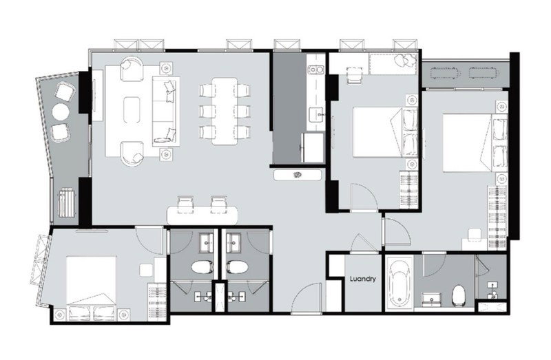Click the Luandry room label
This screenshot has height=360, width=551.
tap(363, 279)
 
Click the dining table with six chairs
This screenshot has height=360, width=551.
tap(225, 112)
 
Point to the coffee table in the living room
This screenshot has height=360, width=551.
tap(132, 110)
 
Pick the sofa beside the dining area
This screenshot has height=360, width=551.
tap(166, 112)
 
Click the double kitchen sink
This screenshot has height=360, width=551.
tap(315, 70)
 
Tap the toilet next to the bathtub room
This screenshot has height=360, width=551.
tap(459, 295)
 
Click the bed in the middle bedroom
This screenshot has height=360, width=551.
tap(385, 132)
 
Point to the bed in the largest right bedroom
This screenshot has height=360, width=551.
tap(475, 142)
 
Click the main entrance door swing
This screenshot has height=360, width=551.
tap(306, 298)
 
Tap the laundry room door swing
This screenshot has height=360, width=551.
tap(364, 243)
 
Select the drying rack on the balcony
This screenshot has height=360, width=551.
tap(66, 202)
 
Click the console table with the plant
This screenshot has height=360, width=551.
tap(298, 175)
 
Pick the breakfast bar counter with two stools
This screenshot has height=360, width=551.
tap(202, 215)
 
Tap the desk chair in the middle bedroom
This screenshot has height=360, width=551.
tap(354, 75)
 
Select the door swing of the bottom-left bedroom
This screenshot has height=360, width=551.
tap(149, 241)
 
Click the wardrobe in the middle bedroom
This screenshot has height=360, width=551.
tap(408, 189)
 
